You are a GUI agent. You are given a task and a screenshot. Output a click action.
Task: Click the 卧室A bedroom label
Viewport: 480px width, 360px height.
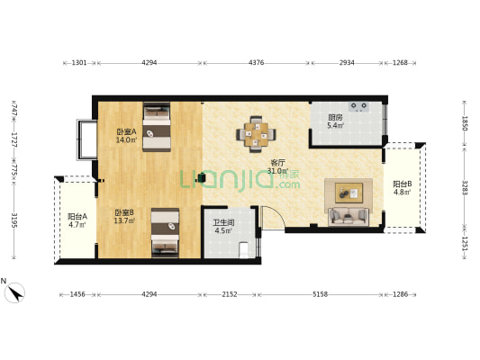click(126, 131)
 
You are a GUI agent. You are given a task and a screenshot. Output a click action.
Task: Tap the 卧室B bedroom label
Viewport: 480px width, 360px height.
click(124, 212)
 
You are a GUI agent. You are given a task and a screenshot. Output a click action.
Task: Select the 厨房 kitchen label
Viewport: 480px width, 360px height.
click(335, 118)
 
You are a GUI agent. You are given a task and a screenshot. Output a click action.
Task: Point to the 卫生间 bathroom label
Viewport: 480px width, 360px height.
click(223, 222)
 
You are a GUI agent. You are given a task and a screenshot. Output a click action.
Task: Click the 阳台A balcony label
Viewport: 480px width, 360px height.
click(77, 217)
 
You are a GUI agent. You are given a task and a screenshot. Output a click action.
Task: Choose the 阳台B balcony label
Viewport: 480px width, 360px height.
click(403, 184)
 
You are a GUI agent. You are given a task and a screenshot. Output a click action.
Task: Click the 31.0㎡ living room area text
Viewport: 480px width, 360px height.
click(277, 171)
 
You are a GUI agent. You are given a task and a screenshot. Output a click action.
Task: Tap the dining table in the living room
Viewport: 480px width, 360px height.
click(257, 134)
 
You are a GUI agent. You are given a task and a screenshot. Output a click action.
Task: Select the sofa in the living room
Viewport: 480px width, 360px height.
click(348, 217)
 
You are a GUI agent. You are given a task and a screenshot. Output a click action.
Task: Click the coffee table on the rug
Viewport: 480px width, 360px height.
click(349, 193)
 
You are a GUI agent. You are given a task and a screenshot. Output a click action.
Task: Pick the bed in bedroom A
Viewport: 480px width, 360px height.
click(157, 127)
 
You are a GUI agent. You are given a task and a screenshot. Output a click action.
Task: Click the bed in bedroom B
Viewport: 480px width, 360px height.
click(165, 233)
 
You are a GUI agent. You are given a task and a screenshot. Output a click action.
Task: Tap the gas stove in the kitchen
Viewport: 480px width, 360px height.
click(358, 107)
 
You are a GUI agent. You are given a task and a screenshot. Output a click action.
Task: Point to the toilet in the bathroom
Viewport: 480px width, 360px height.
click(244, 250)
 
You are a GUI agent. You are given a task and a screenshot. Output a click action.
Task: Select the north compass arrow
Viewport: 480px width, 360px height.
click(16, 292)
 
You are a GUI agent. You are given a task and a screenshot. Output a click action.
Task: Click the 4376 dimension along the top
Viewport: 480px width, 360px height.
click(257, 63)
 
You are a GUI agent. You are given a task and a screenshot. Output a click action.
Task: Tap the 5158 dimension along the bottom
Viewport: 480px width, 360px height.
click(320, 294)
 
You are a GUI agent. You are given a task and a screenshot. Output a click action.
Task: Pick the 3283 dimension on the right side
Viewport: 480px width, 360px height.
click(465, 188)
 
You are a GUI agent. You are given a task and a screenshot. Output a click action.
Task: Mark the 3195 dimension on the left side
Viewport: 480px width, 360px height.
click(14, 220)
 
